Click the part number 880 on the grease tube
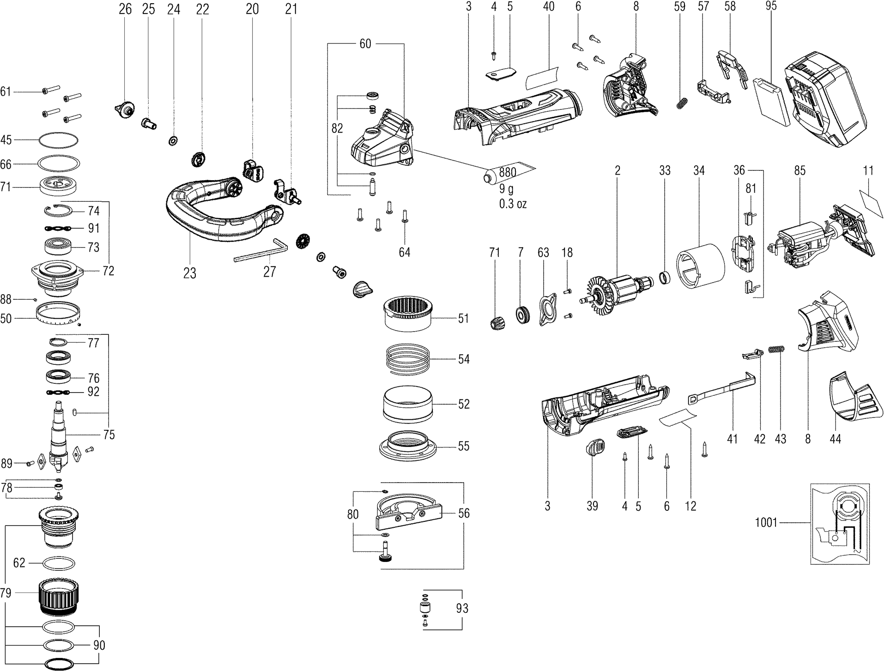pos(507,172)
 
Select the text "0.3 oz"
pos(513,204)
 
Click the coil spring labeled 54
pos(408,359)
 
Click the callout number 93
pos(462,609)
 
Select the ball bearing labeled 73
pos(60,247)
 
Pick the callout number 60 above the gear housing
pos(365,43)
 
